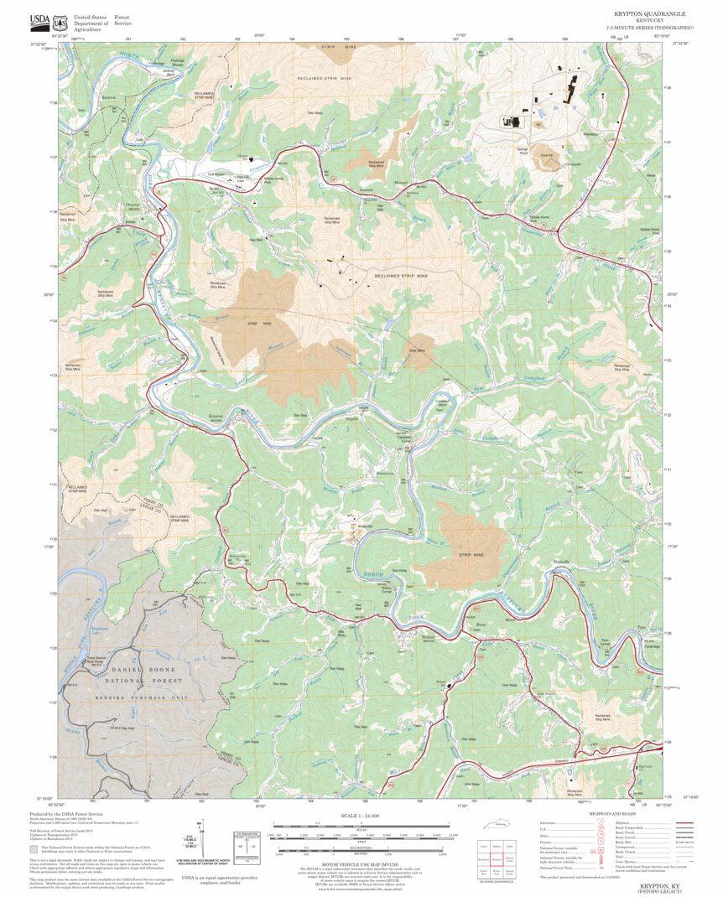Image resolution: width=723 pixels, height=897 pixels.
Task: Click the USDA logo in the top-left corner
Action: click(39, 20)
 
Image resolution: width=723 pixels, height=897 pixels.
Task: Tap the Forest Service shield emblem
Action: click(60, 20)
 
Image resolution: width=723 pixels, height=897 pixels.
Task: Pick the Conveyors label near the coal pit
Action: click(549, 164)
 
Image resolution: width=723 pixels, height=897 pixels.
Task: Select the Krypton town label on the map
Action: click(216, 416)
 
